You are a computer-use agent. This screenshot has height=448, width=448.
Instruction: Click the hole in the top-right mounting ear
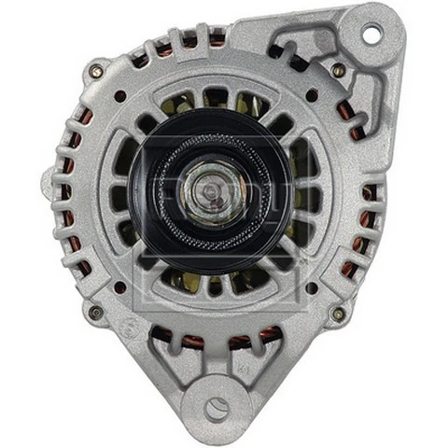tap(371, 33)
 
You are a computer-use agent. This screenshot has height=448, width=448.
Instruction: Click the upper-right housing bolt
tap(338, 70)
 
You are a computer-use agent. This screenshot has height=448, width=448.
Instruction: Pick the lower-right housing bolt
tap(337, 315)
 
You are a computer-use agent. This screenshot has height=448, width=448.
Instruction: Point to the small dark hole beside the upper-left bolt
tap(120, 95)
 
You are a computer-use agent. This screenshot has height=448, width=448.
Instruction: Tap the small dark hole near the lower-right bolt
tap(311, 287)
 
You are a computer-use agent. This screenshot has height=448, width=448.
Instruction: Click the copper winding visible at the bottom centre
tap(217, 342)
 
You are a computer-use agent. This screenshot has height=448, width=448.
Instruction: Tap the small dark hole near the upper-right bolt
tap(312, 96)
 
